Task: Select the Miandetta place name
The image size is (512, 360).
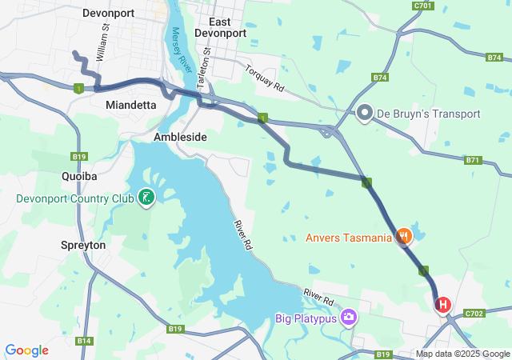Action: click(130, 105)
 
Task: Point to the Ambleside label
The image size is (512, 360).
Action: click(180, 137)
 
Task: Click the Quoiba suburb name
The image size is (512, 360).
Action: click(79, 175)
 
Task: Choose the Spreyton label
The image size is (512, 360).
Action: click(83, 245)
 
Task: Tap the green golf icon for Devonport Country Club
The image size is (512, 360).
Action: click(146, 197)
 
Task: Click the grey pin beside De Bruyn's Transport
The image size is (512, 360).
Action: click(365, 114)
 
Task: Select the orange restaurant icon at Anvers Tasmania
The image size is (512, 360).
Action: click(405, 237)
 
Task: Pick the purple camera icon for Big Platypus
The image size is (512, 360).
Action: click(349, 319)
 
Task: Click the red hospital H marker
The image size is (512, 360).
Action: click(442, 305)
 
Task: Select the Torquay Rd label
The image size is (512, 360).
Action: click(265, 78)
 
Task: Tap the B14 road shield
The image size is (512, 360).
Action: click(84, 341)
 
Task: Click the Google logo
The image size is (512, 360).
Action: click(26, 350)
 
